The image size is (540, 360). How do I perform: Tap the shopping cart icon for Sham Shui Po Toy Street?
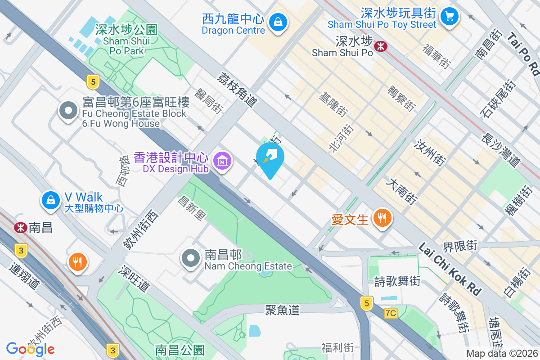(x=449, y=17)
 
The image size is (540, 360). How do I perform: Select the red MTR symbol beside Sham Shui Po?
(x=381, y=45)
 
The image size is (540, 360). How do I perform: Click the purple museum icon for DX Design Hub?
(x=222, y=160)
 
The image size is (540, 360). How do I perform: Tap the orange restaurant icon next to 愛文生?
(x=382, y=218)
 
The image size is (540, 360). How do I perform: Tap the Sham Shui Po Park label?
(x=126, y=40)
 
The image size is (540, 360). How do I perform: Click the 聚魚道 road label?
(x=282, y=310)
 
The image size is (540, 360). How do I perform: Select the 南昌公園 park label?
(x=180, y=350)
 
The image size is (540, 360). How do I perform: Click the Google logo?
(x=30, y=348)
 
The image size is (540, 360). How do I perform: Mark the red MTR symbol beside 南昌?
(x=20, y=227)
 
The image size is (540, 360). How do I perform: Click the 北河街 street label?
(x=342, y=137)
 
